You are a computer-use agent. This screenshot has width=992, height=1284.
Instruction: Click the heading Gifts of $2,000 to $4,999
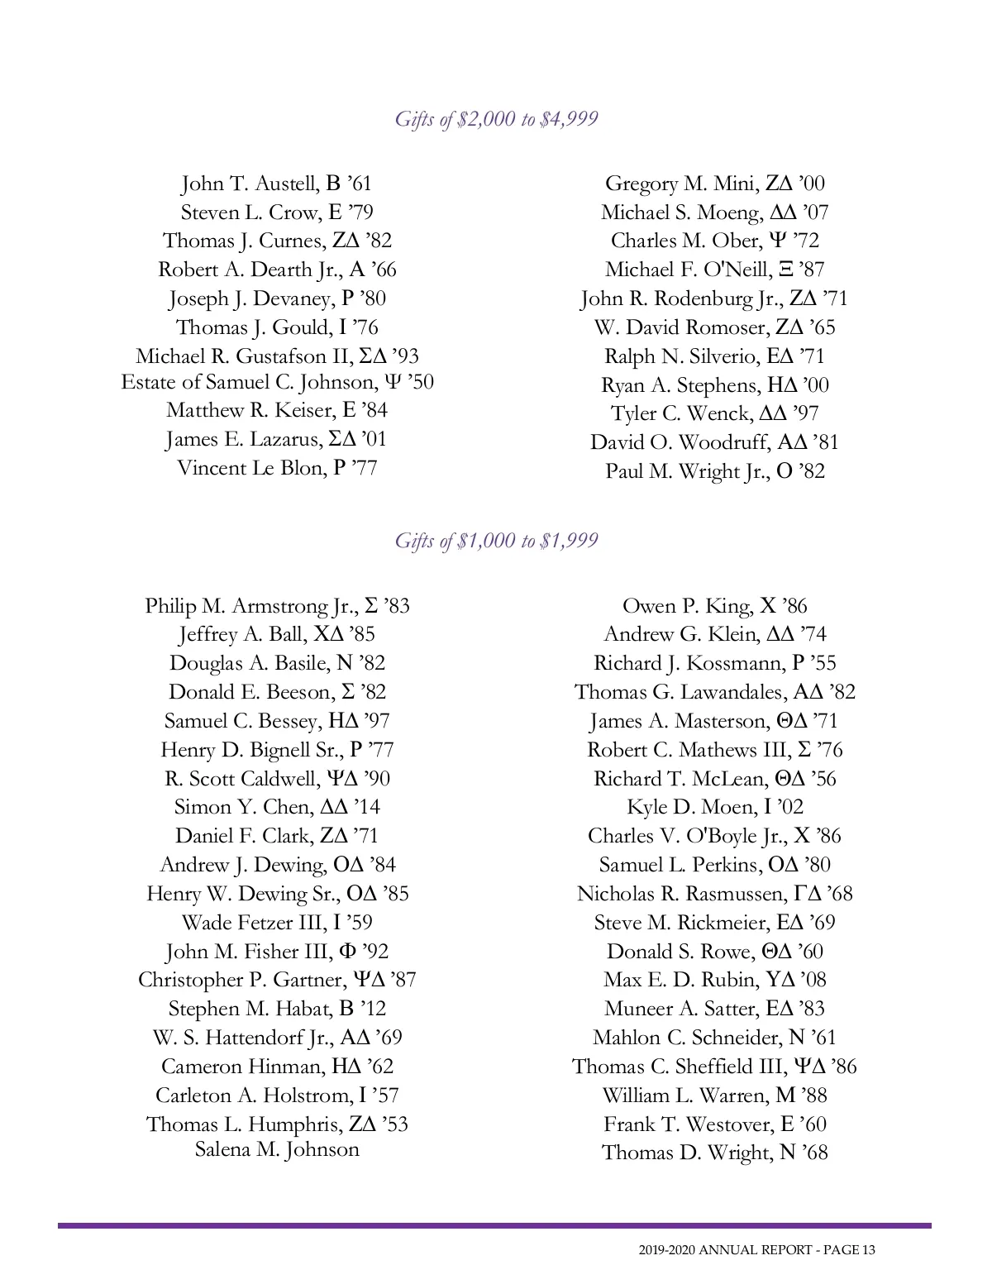496,119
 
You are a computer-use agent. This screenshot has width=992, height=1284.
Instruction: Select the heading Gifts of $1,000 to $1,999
496,541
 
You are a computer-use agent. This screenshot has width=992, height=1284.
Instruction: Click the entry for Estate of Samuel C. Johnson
277,382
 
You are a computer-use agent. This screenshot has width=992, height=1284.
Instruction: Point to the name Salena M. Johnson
277,1149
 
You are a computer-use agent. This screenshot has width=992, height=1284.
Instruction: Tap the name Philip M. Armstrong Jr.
251,606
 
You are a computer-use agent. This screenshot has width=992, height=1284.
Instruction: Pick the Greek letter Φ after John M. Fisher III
347,952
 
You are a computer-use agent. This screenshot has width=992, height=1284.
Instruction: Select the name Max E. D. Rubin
681,980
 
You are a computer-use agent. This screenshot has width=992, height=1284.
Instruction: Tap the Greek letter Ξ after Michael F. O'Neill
786,270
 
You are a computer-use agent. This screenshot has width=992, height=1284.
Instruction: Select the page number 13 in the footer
867,1250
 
